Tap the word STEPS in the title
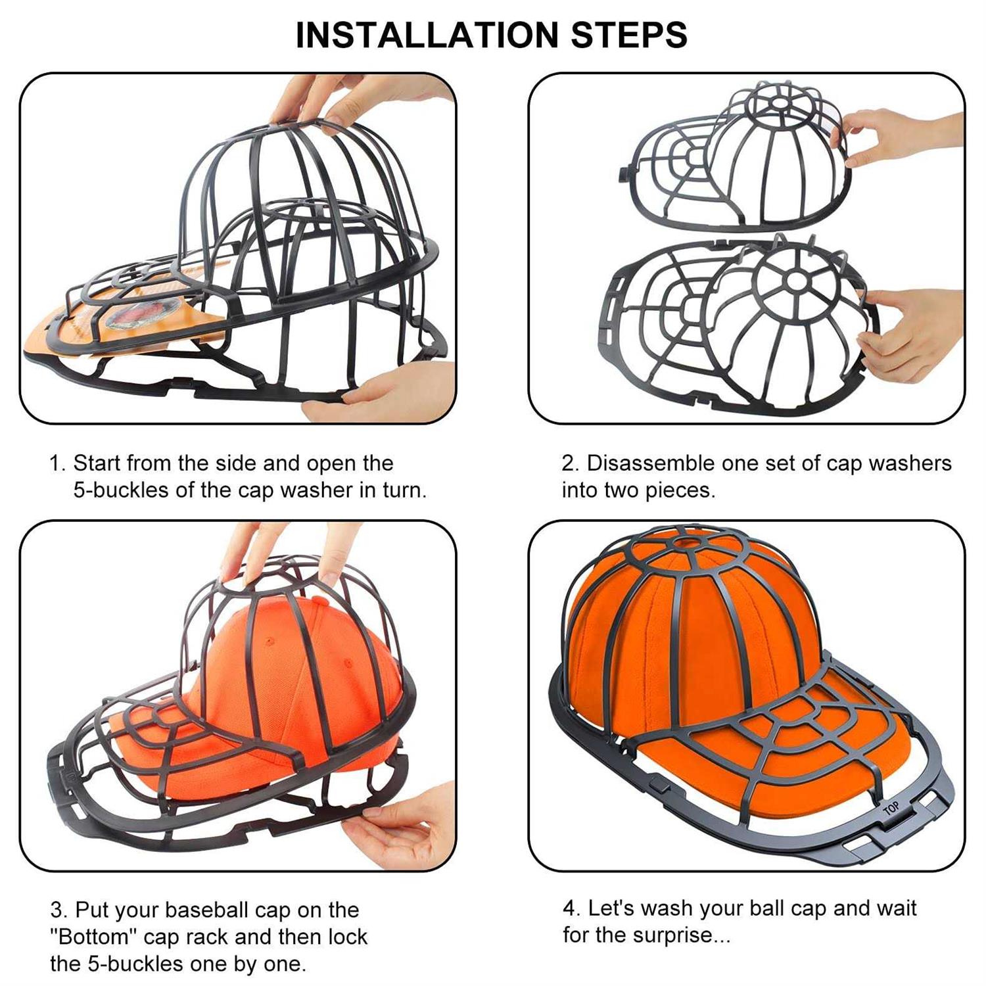(x=629, y=35)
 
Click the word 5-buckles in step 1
(x=121, y=490)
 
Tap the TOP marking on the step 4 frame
(x=891, y=809)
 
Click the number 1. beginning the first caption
(x=58, y=463)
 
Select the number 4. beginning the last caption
(x=571, y=908)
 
